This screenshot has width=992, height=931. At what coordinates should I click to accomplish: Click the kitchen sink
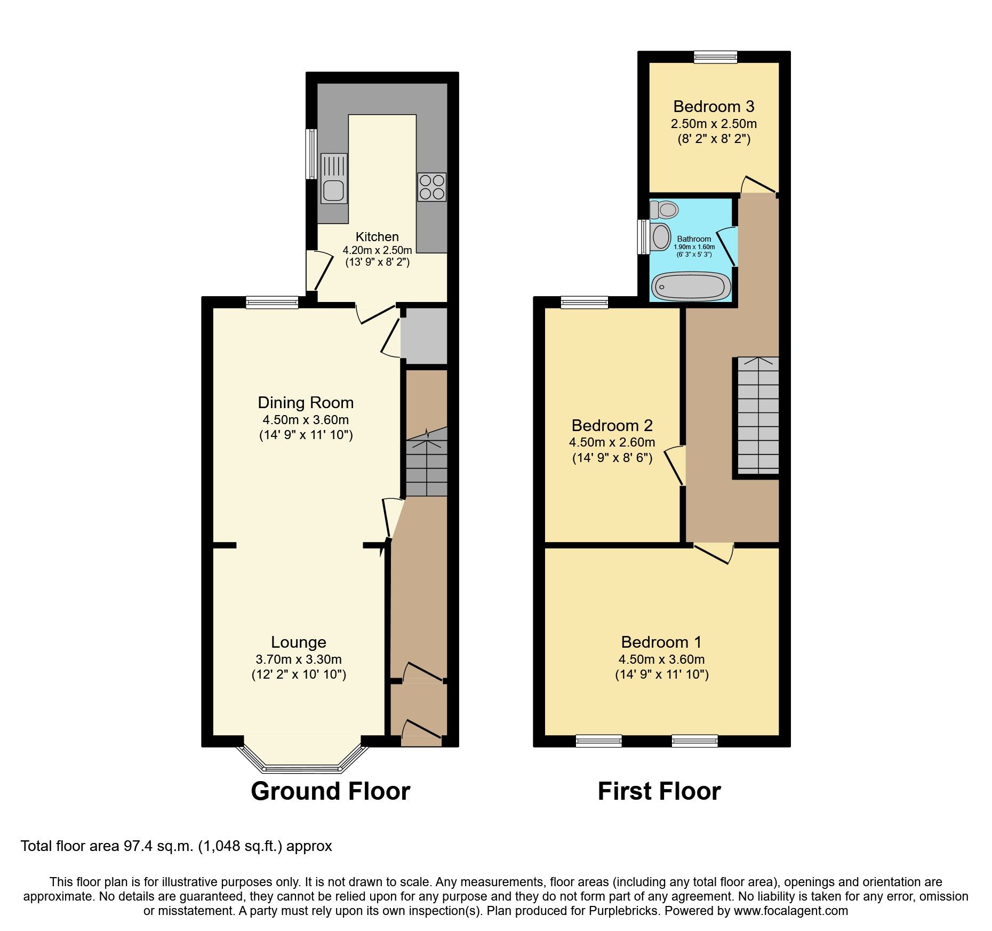333,179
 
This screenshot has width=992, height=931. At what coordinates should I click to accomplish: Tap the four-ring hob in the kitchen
431,187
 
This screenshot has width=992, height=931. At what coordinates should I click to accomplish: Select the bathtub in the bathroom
692,286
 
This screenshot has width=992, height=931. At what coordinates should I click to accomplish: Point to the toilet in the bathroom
665,209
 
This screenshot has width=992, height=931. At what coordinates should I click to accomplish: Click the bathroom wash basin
661,236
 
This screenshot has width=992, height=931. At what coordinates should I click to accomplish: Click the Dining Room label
306,403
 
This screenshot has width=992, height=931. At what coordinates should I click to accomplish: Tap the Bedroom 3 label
714,107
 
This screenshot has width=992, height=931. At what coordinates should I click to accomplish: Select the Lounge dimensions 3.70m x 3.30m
299,659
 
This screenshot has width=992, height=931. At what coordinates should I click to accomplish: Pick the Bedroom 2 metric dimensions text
612,442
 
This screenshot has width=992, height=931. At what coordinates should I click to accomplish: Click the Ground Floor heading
330,791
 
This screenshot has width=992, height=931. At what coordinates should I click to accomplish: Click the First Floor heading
659,791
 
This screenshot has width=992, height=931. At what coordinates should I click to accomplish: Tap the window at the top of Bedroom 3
715,57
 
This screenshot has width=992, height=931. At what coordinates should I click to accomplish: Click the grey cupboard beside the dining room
424,336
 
